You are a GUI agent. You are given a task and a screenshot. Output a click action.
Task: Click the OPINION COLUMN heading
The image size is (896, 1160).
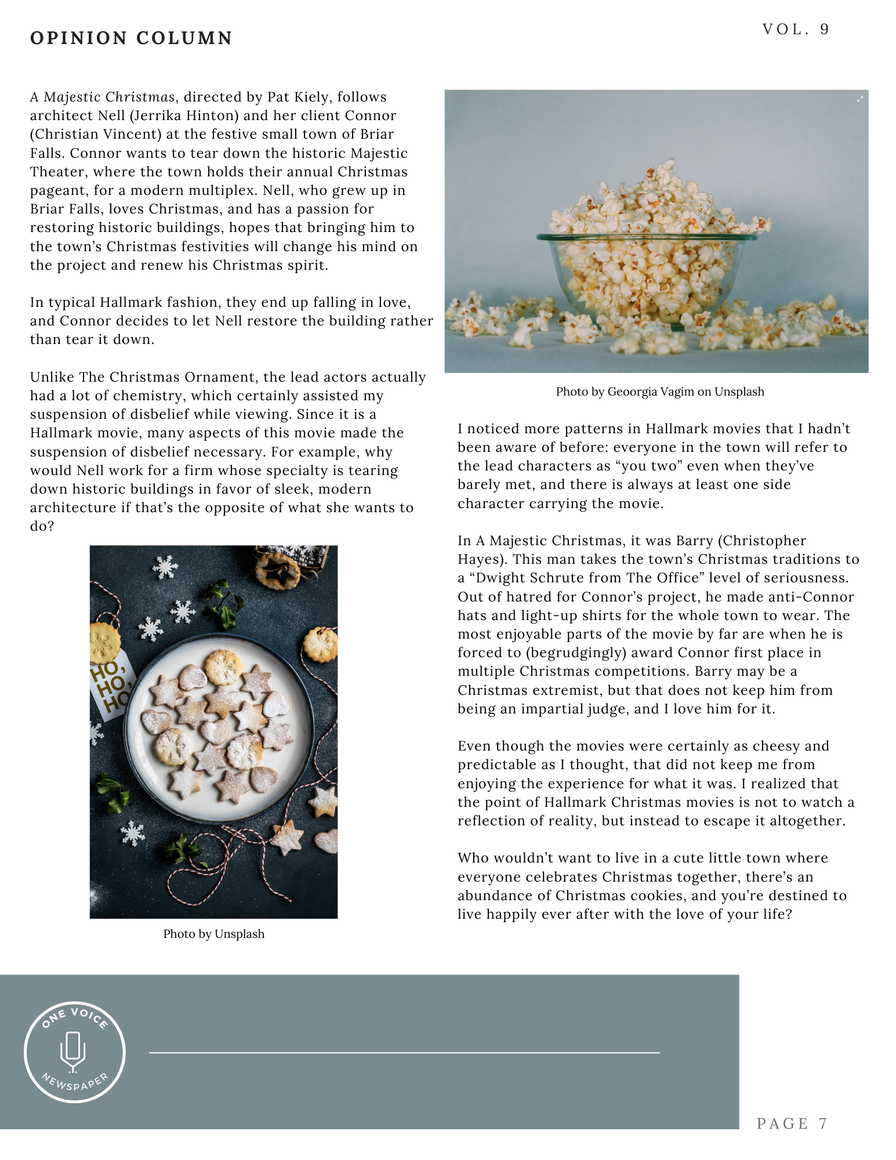(x=131, y=38)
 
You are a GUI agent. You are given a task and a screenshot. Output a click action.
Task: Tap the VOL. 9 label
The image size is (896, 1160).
(x=795, y=30)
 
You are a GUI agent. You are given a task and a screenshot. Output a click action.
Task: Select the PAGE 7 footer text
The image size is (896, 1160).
(x=792, y=1123)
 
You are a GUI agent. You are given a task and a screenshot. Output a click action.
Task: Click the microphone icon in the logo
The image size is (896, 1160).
(x=73, y=1051)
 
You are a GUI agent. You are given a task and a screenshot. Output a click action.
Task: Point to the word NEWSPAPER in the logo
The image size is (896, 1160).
(x=75, y=1082)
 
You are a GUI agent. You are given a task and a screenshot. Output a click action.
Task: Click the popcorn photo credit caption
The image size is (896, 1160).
(x=659, y=391)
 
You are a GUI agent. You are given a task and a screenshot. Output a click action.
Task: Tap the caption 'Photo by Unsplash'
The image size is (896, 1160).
(x=213, y=934)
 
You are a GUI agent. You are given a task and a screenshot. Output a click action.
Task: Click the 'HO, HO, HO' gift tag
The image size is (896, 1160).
(x=110, y=687)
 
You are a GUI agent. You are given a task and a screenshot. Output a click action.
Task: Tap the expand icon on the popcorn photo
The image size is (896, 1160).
(x=860, y=99)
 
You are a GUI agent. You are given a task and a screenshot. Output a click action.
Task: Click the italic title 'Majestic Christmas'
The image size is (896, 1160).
(x=109, y=97)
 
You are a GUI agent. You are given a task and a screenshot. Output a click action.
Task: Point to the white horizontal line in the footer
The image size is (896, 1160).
(x=404, y=1052)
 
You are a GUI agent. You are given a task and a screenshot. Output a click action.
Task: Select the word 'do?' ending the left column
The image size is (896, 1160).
(x=42, y=526)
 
